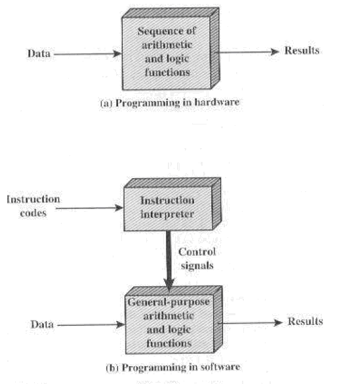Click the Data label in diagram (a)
pos(39,53)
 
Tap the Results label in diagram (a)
pos(302,50)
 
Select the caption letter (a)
pos(106,103)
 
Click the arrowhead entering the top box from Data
pos(117,54)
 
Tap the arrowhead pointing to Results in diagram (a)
pos(275,51)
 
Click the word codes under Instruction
pos(33,213)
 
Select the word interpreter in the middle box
pos(167,214)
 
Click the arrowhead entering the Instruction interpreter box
pos(119,208)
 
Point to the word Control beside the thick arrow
pos(197,252)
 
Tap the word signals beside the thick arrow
pos(197,265)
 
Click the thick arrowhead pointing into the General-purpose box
pos(169,284)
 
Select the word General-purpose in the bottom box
pos(169,302)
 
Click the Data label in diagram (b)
pos(42,324)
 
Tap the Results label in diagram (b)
pos(306,321)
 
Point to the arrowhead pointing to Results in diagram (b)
pos(279,322)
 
